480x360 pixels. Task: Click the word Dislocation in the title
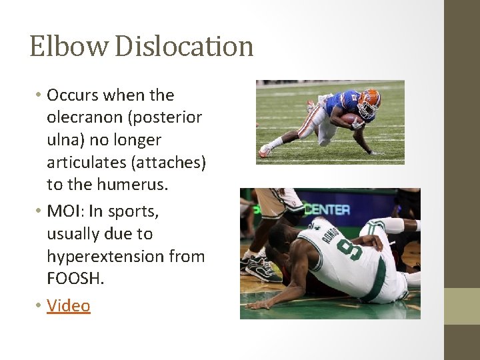[x=185, y=47]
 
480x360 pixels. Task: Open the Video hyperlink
[x=68, y=305]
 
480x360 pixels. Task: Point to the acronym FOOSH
[x=75, y=279]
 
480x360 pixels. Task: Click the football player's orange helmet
[x=369, y=101]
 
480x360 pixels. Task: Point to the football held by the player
[x=351, y=119]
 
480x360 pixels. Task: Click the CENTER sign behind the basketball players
[x=327, y=209]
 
